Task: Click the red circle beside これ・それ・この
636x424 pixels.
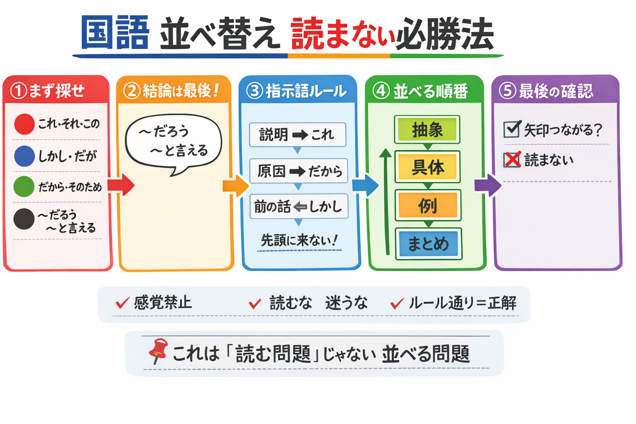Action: click(24, 124)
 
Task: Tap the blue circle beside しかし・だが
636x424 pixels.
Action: click(24, 156)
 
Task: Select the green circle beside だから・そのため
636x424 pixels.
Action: click(24, 186)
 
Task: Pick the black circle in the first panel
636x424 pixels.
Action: click(24, 219)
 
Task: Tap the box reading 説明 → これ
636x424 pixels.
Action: click(297, 135)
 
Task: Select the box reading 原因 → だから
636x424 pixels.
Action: click(298, 171)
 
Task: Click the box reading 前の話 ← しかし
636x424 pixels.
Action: click(299, 206)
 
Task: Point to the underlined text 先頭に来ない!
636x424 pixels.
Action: click(299, 241)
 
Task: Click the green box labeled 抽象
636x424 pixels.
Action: click(427, 130)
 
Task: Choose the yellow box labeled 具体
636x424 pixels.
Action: click(427, 167)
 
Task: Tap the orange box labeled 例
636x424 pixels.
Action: click(428, 205)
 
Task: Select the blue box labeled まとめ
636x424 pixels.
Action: click(428, 243)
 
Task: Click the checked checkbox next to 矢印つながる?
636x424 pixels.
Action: click(512, 129)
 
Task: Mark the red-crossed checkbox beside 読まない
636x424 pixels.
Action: click(512, 159)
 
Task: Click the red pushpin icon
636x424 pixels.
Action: click(159, 351)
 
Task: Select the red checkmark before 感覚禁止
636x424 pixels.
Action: click(122, 304)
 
